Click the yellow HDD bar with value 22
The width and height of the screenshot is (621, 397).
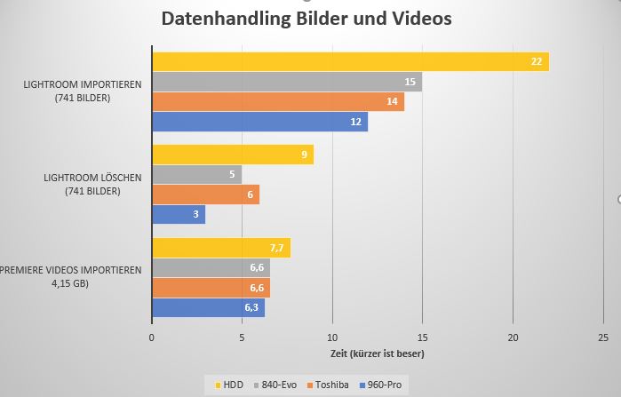(350, 61)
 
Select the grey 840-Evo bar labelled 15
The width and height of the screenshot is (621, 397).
(286, 82)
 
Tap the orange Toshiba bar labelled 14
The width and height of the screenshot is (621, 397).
(277, 101)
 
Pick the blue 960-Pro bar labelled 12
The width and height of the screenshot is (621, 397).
(259, 122)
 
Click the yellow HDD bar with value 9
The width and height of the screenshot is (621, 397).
(232, 155)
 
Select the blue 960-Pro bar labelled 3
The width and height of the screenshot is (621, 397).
(179, 215)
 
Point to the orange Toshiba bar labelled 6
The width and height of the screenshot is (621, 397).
(205, 195)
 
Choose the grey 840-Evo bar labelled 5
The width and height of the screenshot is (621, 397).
(196, 175)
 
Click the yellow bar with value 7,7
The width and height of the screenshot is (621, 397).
(221, 248)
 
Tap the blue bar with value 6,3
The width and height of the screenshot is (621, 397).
(208, 308)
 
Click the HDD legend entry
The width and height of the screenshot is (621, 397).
(229, 385)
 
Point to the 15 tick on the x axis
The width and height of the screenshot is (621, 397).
(422, 337)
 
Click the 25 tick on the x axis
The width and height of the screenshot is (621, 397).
(602, 337)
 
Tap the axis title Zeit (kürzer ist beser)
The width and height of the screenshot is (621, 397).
(377, 353)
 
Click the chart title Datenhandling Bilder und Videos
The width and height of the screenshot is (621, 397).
(306, 18)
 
